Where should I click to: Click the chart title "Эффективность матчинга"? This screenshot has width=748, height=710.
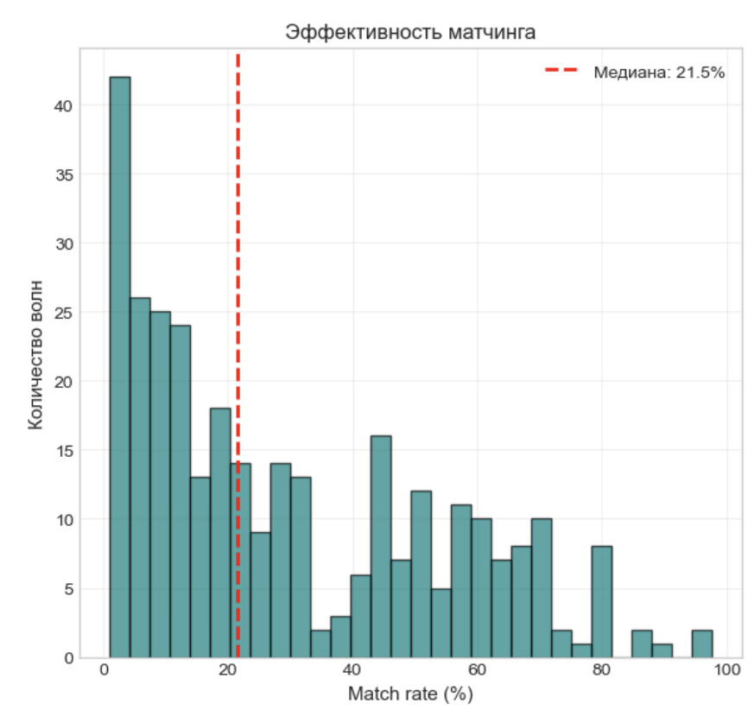point(411,33)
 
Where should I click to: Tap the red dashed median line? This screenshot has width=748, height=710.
point(238,259)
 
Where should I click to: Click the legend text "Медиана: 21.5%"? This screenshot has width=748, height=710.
point(658,73)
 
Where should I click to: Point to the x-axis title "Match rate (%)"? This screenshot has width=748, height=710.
point(410,693)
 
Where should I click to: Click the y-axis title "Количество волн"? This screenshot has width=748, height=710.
point(35,354)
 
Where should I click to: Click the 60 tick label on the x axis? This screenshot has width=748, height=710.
point(478,671)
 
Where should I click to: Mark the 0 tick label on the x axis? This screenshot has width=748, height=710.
point(105,671)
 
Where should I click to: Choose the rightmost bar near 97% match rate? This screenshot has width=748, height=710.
point(702,644)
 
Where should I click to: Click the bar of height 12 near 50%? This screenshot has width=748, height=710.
point(421,574)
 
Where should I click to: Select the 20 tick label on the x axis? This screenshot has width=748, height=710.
point(228,671)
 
